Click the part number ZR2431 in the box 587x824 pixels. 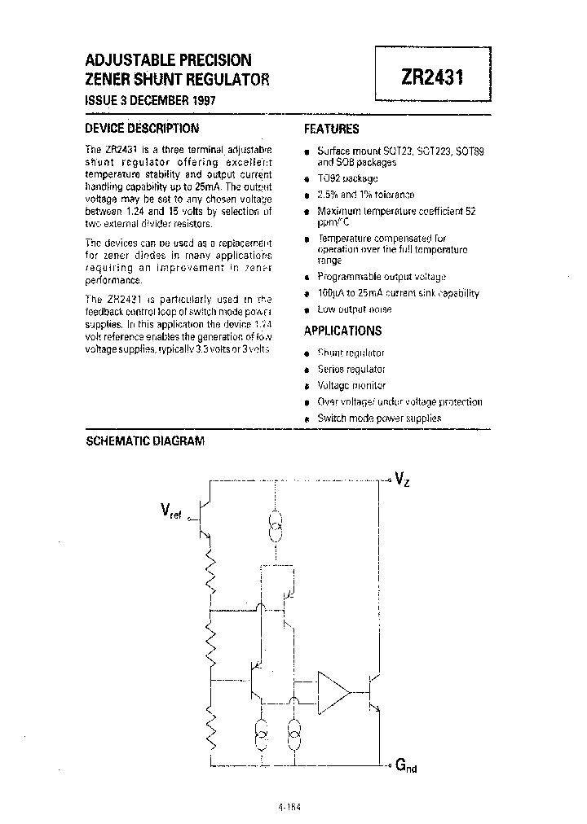pos(431,76)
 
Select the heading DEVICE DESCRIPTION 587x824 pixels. pos(142,128)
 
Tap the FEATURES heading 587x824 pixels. pos(331,129)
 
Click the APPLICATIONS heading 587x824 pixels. pos(342,331)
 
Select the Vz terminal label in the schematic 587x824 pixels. pos(402,479)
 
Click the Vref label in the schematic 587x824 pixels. pos(171,511)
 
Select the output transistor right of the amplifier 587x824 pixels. pos(375,692)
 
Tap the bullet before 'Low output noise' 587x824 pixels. pos(307,310)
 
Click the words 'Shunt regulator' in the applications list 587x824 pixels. pos(351,353)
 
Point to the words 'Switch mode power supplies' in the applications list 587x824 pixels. pos(379,418)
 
